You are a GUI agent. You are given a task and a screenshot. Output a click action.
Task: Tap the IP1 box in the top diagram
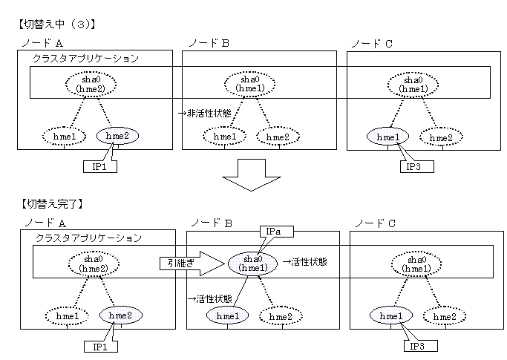(x=97, y=166)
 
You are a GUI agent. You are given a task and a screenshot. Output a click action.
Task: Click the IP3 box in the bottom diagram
(x=420, y=345)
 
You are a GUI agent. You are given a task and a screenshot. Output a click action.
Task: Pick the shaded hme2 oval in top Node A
(x=117, y=137)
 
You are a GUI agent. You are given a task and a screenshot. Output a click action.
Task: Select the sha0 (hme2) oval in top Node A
(x=90, y=84)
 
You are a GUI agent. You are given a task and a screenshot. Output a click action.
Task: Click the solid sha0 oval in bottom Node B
(x=253, y=262)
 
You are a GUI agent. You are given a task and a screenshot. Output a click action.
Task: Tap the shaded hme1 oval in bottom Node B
(x=228, y=316)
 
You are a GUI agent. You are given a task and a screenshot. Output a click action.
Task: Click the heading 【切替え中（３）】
(x=55, y=24)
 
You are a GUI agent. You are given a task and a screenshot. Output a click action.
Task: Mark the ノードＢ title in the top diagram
(x=210, y=43)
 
